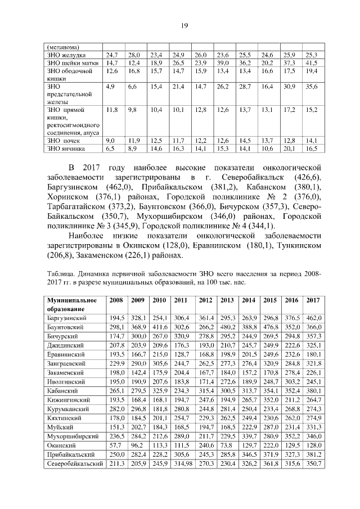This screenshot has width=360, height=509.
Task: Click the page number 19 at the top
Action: pyautogui.click(x=183, y=25)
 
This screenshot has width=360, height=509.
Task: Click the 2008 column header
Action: pyautogui.click(x=117, y=300)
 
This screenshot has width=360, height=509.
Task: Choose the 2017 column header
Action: pyautogui.click(x=313, y=300)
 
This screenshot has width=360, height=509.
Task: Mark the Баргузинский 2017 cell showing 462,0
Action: pyautogui.click(x=313, y=318)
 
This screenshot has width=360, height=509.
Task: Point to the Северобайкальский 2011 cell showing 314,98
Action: pyautogui.click(x=181, y=463)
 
